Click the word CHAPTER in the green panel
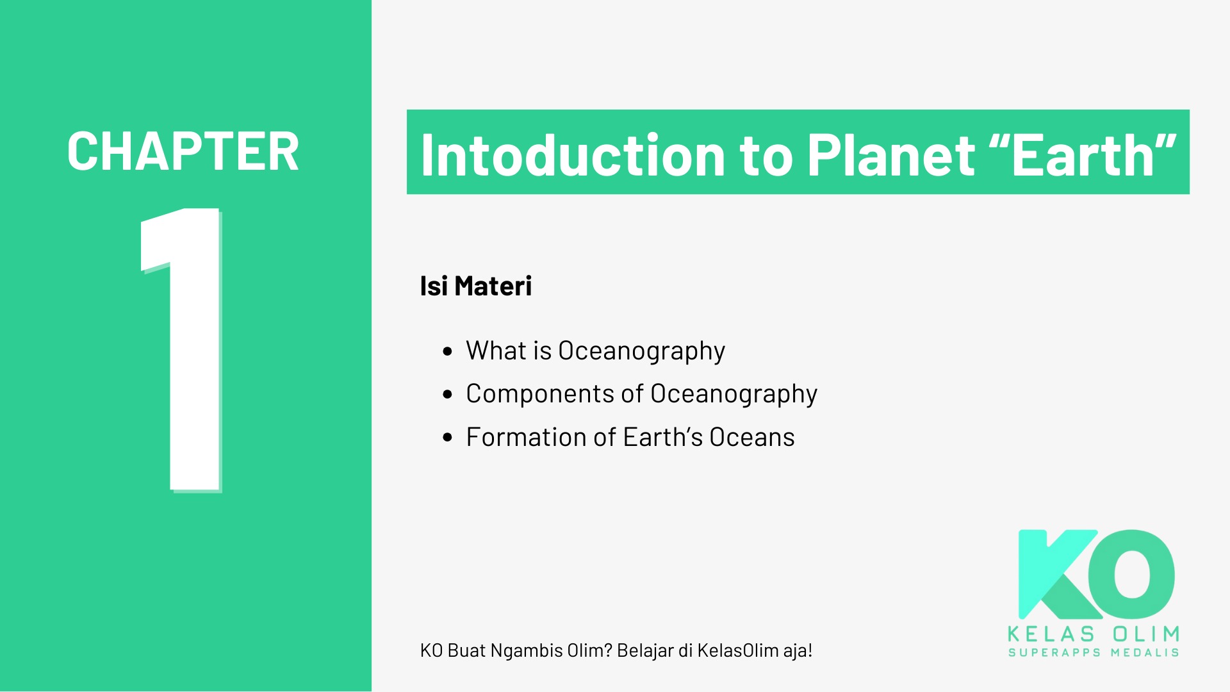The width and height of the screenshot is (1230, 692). [x=183, y=152]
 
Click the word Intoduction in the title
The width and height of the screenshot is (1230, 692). [x=573, y=155]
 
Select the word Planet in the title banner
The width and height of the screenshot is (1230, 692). [x=890, y=155]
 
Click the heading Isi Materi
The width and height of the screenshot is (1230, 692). [x=475, y=286]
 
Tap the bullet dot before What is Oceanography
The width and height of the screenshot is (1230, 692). [x=448, y=351]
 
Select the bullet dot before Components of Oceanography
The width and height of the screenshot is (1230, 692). [x=448, y=394]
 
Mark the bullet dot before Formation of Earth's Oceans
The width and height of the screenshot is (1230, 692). [x=448, y=438]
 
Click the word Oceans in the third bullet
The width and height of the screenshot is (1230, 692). [x=752, y=437]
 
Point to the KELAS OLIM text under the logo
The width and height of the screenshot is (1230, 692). [x=1094, y=634]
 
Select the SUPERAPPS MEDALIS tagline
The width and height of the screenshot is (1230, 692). [x=1094, y=653]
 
